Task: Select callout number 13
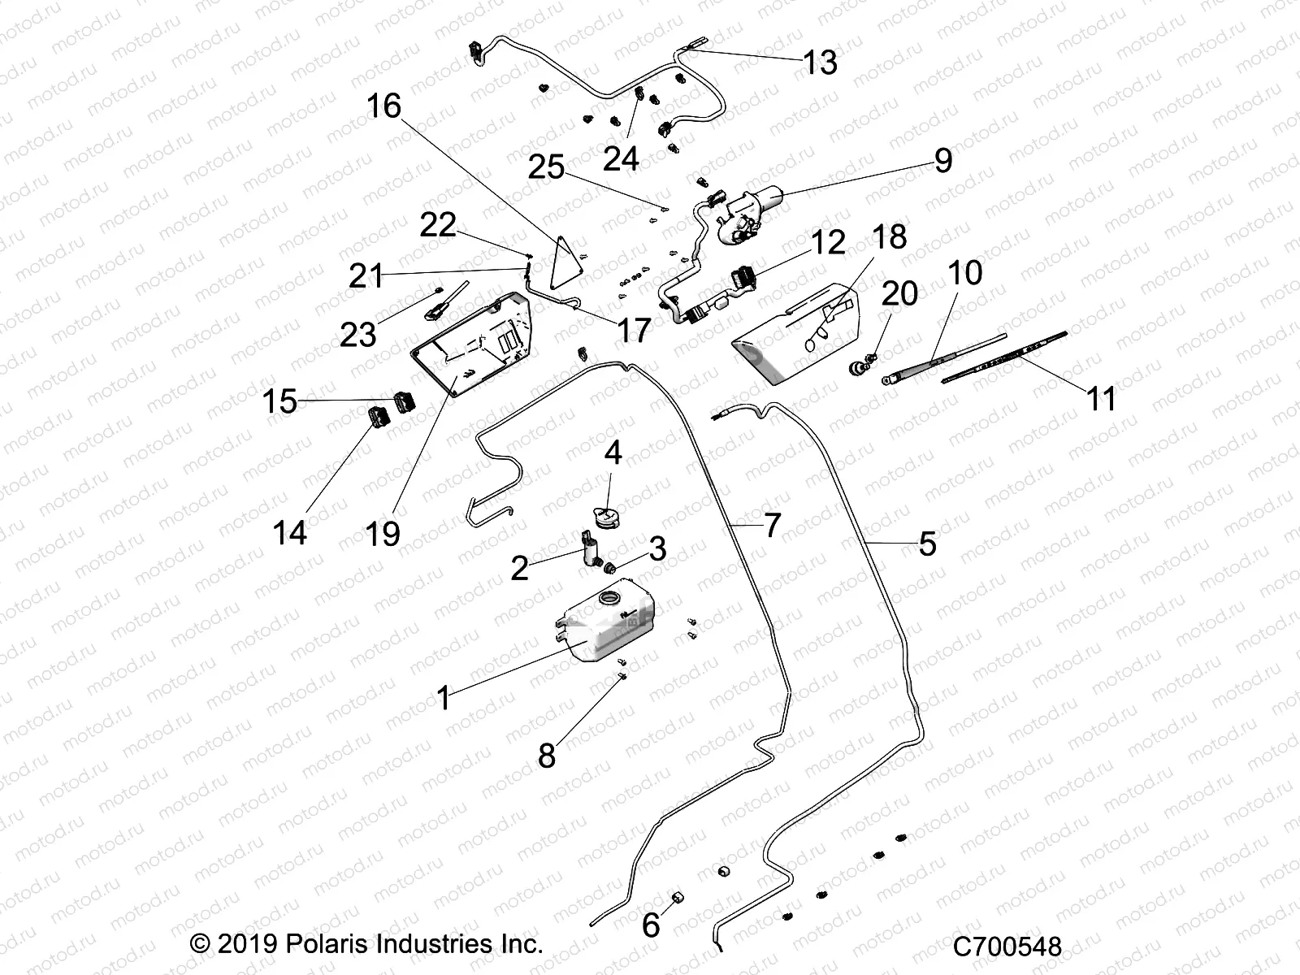820,62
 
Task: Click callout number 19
383,534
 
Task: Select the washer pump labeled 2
591,549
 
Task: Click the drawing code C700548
1007,947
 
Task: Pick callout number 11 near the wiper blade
1101,399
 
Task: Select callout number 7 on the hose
771,525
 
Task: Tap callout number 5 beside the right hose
927,544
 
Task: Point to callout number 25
546,168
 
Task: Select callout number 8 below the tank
547,755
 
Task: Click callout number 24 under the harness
621,159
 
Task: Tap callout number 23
357,334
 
